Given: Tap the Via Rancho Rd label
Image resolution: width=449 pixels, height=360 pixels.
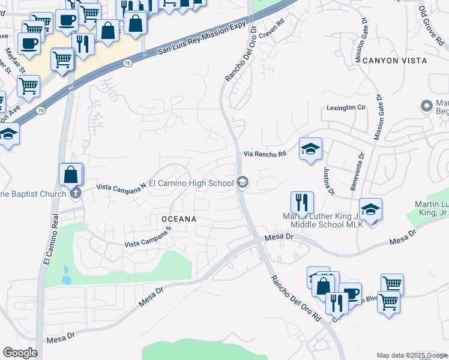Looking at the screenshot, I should [264, 154].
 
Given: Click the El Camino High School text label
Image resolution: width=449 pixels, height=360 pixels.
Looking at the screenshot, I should [191, 183].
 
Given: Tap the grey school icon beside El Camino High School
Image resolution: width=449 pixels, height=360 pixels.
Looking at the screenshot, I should [243, 182].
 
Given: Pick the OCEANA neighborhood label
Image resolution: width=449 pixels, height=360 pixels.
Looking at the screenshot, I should [179, 220].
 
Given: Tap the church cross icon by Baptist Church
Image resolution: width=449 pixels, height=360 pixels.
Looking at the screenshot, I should [75, 193].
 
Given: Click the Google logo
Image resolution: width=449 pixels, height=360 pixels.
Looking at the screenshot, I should [20, 353].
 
